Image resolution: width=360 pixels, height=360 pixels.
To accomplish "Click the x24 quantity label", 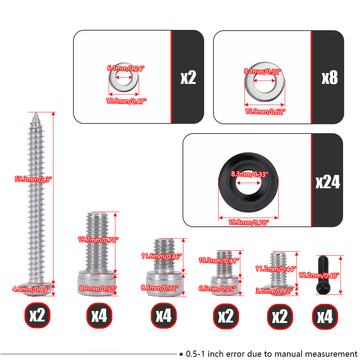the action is (x=328, y=182).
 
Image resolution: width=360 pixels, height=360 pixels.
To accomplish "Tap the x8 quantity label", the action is (x=330, y=78).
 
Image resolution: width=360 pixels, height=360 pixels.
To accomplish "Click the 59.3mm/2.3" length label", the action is (x=33, y=179).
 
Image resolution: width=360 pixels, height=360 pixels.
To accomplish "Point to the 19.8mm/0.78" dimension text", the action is (x=248, y=222).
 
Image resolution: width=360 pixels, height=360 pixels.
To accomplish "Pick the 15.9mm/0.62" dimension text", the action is (x=265, y=112).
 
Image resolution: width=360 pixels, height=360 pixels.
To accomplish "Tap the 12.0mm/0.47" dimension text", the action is (x=126, y=101).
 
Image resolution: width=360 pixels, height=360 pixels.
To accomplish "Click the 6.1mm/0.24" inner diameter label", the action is (x=126, y=68).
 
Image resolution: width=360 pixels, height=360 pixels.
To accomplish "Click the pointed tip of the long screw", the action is (x=36, y=113).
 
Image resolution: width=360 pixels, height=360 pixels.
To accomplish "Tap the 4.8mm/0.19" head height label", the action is (x=31, y=289).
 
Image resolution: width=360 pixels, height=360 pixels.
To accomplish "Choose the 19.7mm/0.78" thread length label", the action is (x=98, y=240).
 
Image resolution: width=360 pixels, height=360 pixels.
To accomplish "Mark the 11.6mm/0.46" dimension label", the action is (x=162, y=256).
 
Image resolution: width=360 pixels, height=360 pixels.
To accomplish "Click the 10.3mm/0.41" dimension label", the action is (x=219, y=260).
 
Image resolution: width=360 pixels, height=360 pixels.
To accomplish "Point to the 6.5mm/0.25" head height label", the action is (x=217, y=289).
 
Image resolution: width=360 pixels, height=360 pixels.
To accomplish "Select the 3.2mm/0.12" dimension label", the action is (x=274, y=291).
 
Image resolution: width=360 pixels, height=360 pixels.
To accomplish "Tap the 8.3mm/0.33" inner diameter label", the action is (x=249, y=174).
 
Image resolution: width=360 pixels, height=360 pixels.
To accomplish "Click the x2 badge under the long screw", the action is (x=37, y=315).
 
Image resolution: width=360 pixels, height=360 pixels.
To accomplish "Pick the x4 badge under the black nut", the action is (x=325, y=316).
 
